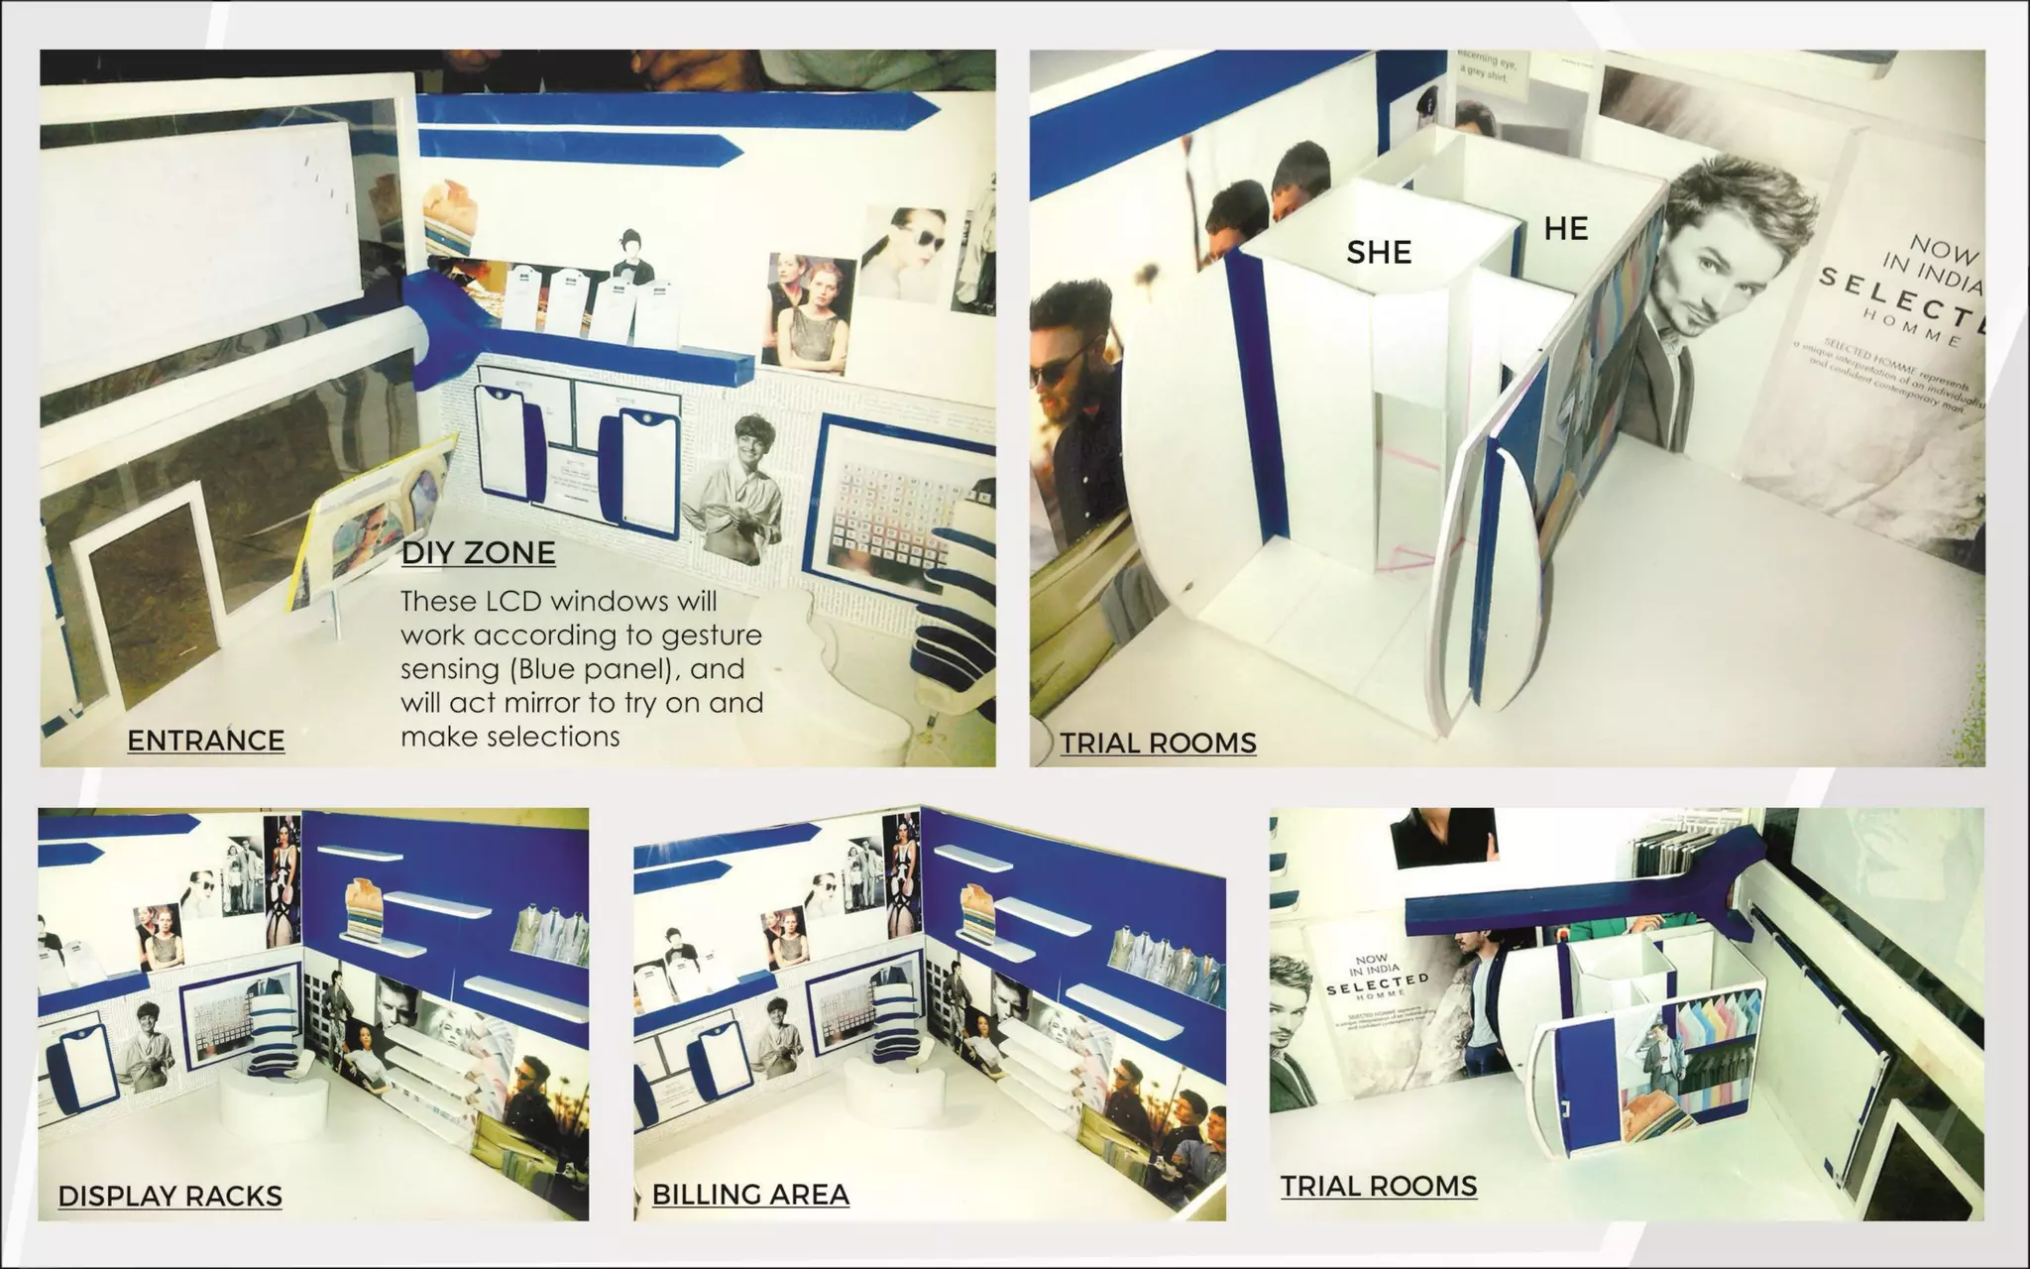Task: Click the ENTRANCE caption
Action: pyautogui.click(x=205, y=741)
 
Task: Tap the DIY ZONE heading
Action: pyautogui.click(x=478, y=552)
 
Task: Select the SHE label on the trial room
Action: pyautogui.click(x=1378, y=253)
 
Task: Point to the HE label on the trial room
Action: pyautogui.click(x=1565, y=229)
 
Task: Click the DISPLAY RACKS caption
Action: pyautogui.click(x=169, y=1196)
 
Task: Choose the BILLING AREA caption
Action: pyautogui.click(x=749, y=1195)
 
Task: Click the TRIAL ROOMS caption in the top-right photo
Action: pyautogui.click(x=1158, y=743)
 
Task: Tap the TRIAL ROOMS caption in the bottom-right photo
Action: pyautogui.click(x=1378, y=1186)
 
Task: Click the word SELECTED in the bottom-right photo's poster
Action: pyautogui.click(x=1377, y=984)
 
